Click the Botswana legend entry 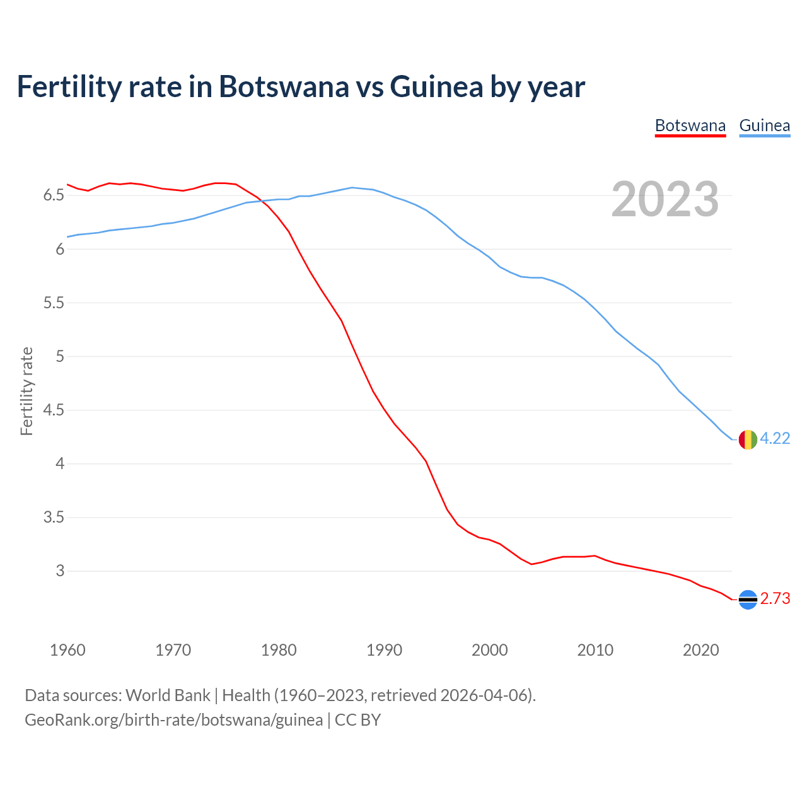[690, 125]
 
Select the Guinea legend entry [764, 125]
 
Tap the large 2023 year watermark [665, 199]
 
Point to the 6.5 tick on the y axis [54, 195]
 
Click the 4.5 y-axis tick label [54, 410]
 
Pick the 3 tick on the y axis [60, 571]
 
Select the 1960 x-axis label [67, 650]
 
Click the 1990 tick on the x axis [384, 650]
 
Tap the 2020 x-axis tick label [700, 650]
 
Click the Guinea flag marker [748, 439]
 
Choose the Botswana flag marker [748, 600]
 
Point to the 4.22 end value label [775, 439]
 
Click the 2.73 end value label [775, 599]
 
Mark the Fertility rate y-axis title [26, 391]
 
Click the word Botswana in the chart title [283, 86]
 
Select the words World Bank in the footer [168, 695]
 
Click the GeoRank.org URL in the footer [173, 720]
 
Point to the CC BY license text [357, 720]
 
